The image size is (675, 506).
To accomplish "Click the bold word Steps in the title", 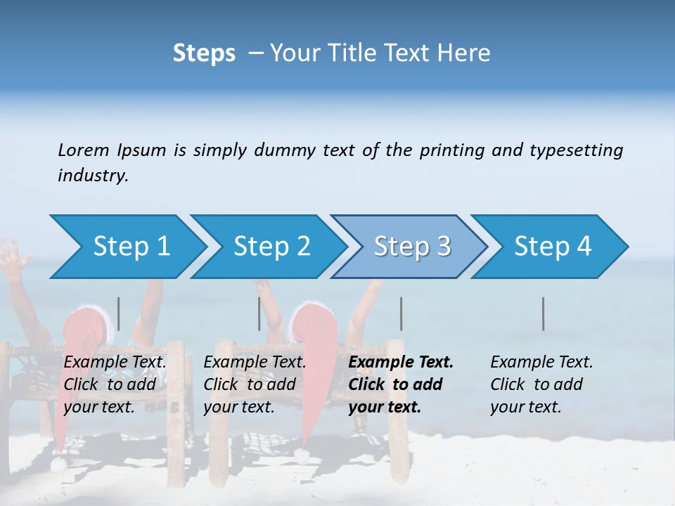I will [204, 53].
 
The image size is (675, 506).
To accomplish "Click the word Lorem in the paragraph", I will [83, 150].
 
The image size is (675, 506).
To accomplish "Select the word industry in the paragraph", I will [93, 176].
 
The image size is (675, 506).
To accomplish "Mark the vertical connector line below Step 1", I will [119, 313].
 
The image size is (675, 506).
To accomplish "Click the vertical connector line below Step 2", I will [259, 313].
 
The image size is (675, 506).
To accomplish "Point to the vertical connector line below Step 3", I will [401, 313].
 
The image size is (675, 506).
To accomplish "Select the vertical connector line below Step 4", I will [544, 313].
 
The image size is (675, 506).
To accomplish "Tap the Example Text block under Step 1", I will [115, 384].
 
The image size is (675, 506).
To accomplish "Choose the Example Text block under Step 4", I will [541, 384].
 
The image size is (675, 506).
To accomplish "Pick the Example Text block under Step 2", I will [254, 384].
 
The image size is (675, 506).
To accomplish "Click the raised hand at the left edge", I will [13, 258].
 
